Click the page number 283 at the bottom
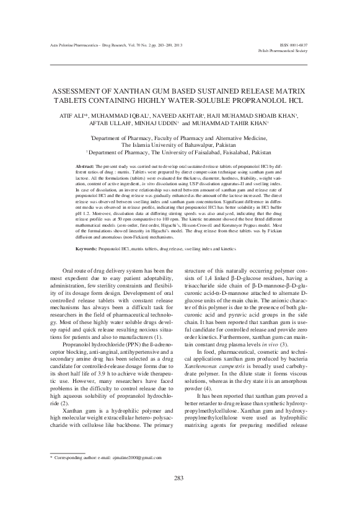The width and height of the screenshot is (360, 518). [x=180, y=494]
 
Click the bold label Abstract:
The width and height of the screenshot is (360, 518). [x=84, y=168]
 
